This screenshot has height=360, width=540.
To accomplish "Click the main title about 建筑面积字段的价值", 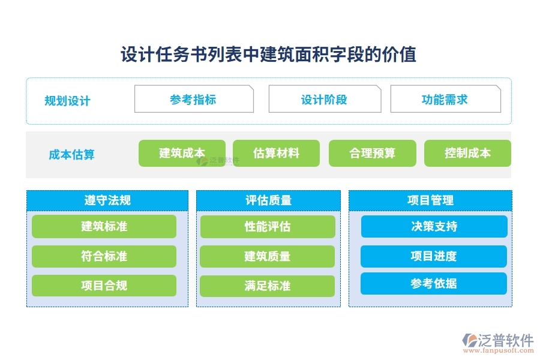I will click(x=268, y=55).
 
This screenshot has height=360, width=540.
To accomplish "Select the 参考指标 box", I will click(x=193, y=100).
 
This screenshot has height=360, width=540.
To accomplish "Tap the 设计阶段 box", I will click(x=324, y=100).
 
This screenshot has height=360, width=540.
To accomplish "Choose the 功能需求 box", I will click(x=445, y=100).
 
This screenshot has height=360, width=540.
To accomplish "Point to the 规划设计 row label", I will click(x=68, y=101).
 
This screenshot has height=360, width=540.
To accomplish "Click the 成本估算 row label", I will click(x=71, y=155).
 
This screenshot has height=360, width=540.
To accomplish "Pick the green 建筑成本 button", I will click(x=182, y=153).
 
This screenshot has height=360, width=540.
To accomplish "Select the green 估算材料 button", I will click(x=276, y=153).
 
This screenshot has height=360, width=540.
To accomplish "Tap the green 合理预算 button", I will click(x=372, y=153).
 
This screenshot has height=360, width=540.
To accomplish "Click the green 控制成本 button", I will click(x=467, y=153).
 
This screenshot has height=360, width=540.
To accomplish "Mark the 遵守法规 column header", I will click(x=107, y=200).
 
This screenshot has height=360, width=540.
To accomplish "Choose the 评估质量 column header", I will click(x=268, y=200).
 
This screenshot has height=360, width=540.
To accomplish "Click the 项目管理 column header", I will click(x=430, y=200).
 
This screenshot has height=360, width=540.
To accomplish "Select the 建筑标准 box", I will click(x=104, y=226).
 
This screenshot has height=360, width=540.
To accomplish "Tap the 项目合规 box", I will click(x=104, y=286).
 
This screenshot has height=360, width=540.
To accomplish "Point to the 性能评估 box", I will click(x=268, y=226).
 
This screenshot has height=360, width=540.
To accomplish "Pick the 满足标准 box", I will click(x=268, y=286).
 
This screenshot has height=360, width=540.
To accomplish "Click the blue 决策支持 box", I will click(x=434, y=226).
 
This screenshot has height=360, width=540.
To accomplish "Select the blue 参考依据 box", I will click(x=434, y=283).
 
